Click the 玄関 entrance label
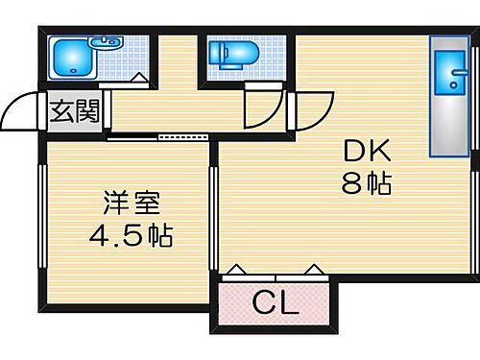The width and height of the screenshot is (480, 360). (74, 112)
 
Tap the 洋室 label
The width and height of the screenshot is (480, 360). (132, 204)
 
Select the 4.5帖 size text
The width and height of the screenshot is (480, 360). (132, 234)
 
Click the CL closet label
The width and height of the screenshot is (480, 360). (275, 304)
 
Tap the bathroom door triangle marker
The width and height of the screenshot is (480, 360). (139, 79)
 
